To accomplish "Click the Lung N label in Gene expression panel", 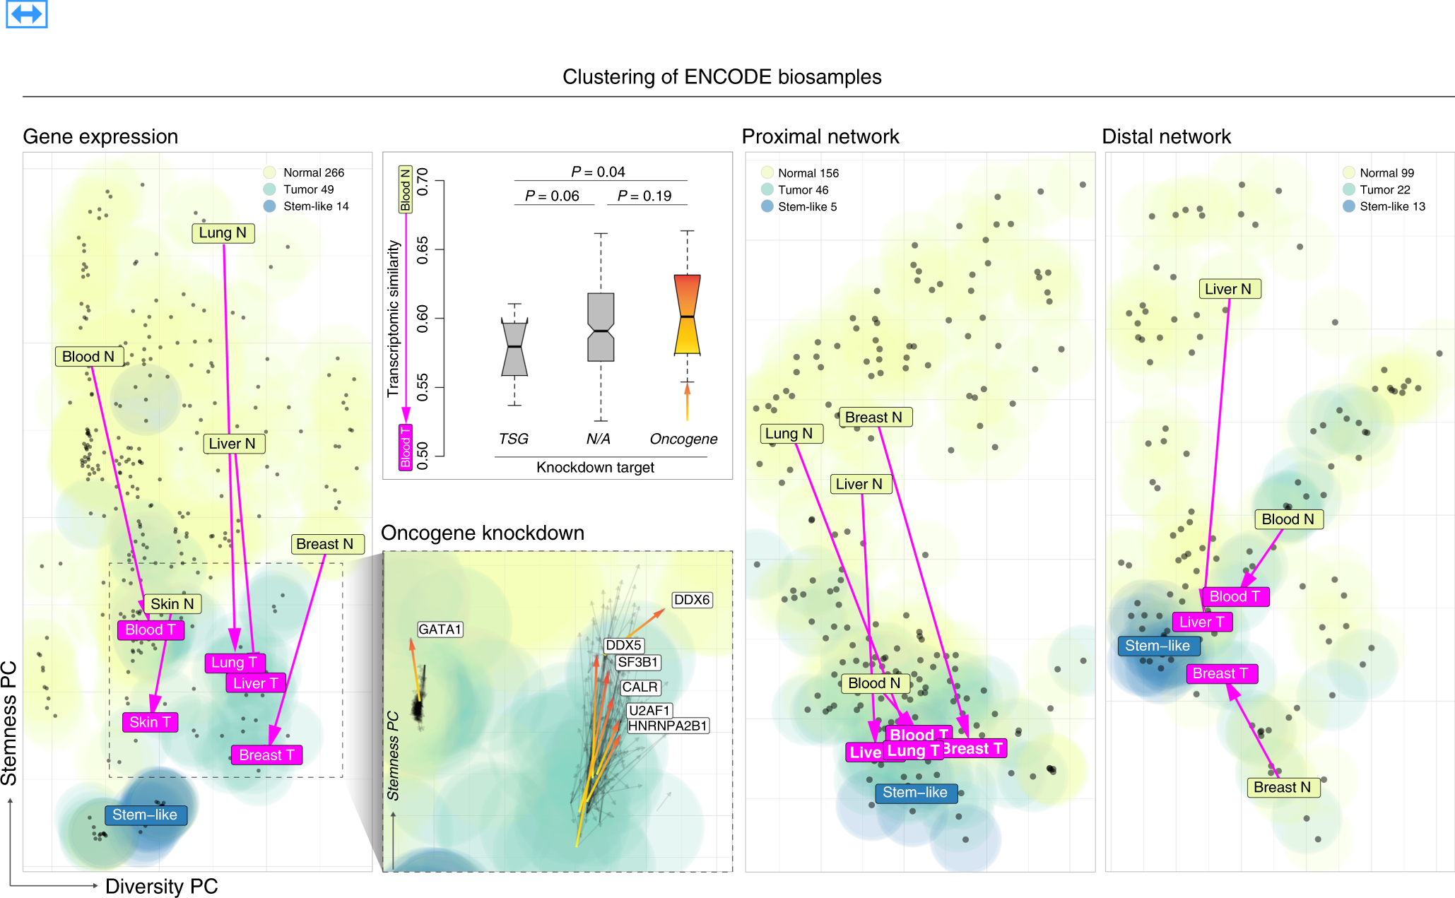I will (223, 233).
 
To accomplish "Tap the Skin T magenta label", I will (150, 722).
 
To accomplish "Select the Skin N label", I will (172, 604).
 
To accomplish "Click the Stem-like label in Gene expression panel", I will (145, 815).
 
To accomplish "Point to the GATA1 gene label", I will (440, 630).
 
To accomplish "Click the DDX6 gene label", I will (692, 600).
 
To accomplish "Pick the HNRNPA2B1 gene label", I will (668, 726).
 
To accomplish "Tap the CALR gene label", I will (640, 687).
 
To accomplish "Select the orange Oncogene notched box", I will (687, 314).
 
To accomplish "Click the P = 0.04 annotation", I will (598, 172).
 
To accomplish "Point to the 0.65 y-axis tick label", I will (423, 250).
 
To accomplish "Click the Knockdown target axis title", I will (595, 467).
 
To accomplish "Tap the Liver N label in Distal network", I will (1229, 289).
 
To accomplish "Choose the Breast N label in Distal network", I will (1282, 787).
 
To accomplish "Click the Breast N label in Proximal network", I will (874, 418).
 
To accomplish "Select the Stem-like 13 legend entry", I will (1384, 206).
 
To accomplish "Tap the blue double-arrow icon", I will (27, 13).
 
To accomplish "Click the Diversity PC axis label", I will (161, 886).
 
